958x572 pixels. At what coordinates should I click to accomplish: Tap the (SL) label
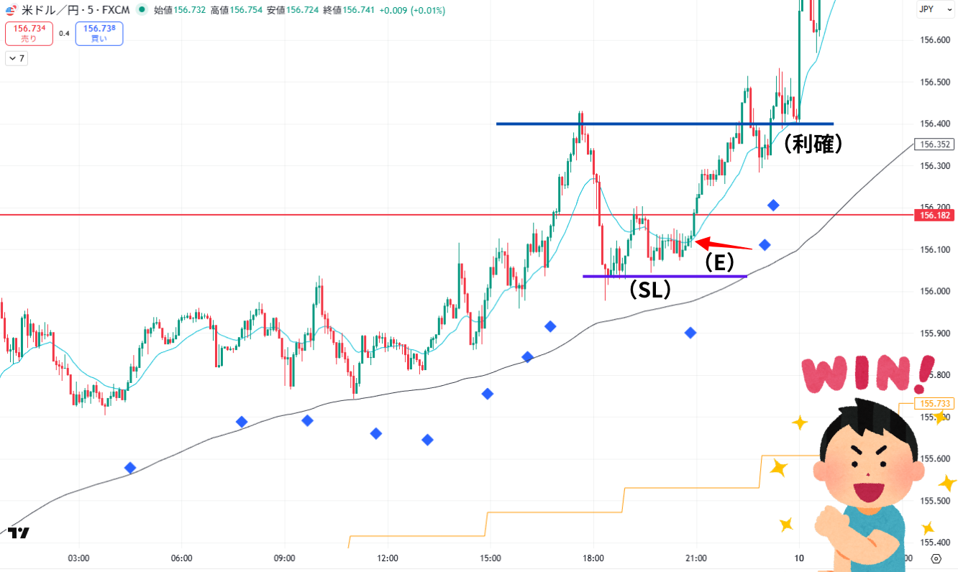(x=649, y=289)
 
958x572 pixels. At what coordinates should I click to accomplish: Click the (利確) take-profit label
(x=812, y=144)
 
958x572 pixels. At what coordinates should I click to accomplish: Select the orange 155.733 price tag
(x=933, y=404)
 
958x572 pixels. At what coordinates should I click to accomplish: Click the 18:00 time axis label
(x=593, y=558)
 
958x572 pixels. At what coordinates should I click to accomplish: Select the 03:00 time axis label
(x=78, y=558)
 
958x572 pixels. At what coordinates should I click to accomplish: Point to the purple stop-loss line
(x=665, y=276)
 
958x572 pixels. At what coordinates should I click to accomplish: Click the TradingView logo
(x=19, y=532)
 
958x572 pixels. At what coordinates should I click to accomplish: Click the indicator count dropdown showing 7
(x=16, y=59)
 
